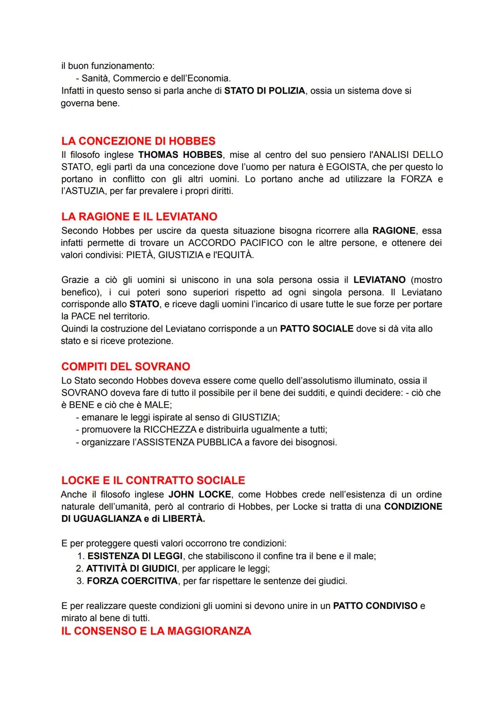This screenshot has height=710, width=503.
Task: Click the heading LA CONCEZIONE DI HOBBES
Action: point(138,141)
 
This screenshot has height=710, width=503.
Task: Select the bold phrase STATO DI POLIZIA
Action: point(265,91)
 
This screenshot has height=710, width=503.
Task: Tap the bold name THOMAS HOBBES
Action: point(180,155)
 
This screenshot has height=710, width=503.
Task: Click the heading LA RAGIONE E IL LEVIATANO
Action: point(139,216)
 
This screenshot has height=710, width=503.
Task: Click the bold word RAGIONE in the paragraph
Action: point(394,230)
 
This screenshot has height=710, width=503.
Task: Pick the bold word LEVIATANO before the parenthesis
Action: point(380,280)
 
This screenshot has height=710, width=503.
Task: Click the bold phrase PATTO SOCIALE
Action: point(317,329)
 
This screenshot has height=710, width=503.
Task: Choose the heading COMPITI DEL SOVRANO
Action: point(126,366)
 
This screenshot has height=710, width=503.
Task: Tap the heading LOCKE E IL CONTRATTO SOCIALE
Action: point(153,480)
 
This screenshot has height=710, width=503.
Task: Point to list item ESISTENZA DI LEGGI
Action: point(135,556)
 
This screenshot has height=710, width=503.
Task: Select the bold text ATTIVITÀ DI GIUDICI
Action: point(132,568)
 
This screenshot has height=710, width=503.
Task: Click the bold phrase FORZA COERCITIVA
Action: point(132,581)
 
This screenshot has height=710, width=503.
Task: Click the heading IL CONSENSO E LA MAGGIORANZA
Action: point(156,631)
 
